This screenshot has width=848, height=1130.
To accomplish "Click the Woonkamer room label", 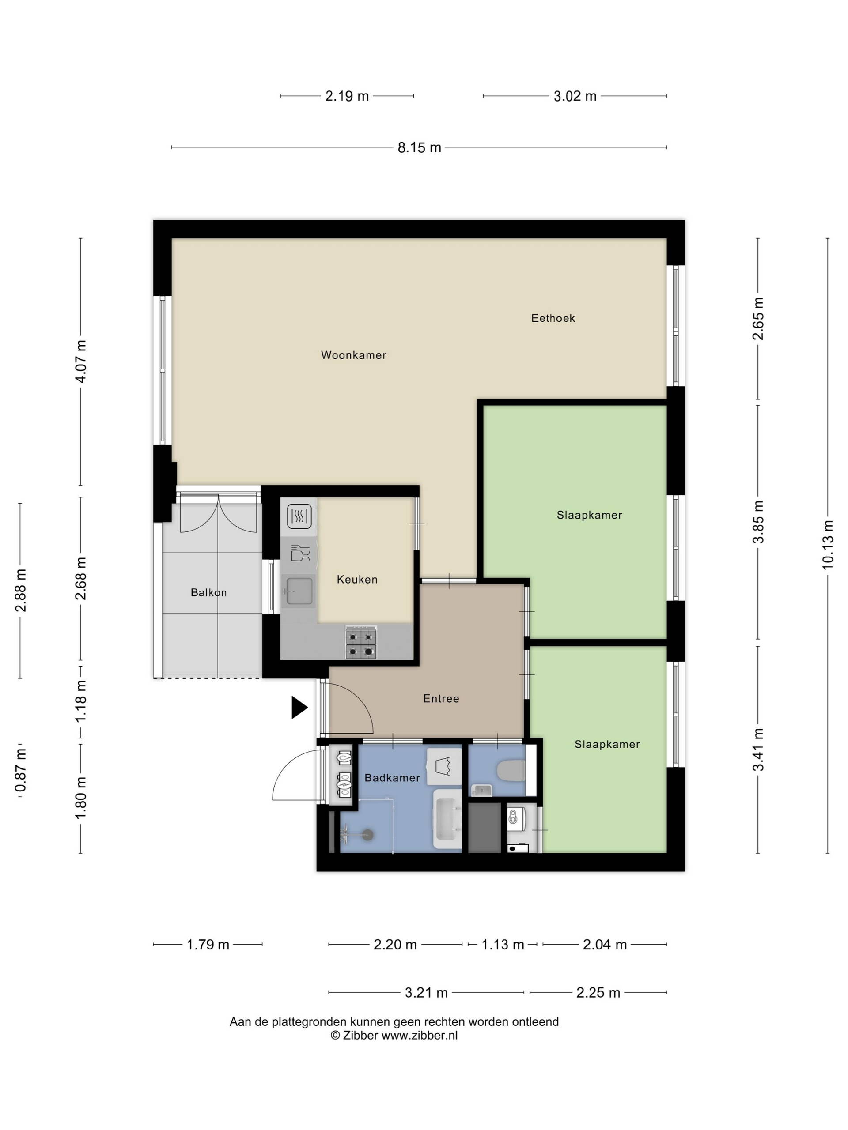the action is (353, 355).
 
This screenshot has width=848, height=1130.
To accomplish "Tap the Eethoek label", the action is (553, 318).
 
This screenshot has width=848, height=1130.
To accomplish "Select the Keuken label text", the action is (357, 579).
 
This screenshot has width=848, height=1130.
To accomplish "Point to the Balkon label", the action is (208, 592).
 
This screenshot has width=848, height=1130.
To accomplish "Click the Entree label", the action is (441, 698).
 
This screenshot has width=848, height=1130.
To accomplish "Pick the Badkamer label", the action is (392, 777).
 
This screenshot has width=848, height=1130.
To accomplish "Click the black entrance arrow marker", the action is (299, 708).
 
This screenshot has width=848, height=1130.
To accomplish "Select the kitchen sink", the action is (299, 591).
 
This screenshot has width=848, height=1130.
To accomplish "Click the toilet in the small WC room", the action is (511, 771).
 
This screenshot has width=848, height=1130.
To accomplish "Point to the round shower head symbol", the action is (367, 835).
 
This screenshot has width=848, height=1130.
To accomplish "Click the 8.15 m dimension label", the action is (419, 147).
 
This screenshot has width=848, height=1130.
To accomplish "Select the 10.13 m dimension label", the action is (828, 545).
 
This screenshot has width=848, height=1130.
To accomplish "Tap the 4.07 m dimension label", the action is (80, 361).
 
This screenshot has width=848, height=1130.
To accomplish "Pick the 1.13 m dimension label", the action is (503, 945).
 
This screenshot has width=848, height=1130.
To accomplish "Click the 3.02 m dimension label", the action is (575, 96).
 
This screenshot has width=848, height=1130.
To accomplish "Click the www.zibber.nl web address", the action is (419, 1036).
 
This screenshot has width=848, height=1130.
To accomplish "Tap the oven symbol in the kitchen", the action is (299, 516).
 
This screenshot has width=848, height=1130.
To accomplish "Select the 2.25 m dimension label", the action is (598, 993).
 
